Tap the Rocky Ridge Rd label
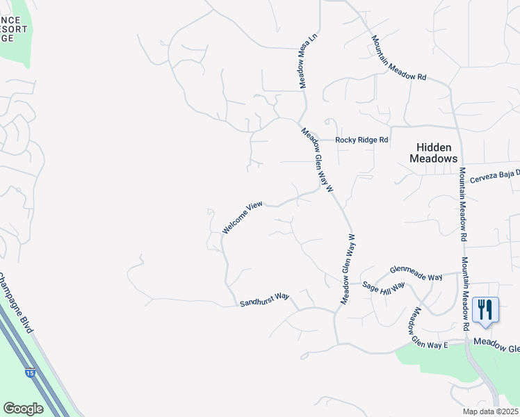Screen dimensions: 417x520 coord(361,140)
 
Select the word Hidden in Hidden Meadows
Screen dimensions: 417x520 coord(434,147)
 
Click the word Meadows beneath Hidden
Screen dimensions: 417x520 coord(434,158)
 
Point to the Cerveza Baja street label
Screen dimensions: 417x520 coord(494,179)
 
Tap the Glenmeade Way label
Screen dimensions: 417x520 coord(416,273)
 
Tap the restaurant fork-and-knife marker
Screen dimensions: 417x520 coord(485,310)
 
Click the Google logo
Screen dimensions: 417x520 coord(22,409)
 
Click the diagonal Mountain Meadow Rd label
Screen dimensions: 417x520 coord(398,58)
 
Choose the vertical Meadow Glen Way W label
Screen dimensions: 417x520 coord(348,268)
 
